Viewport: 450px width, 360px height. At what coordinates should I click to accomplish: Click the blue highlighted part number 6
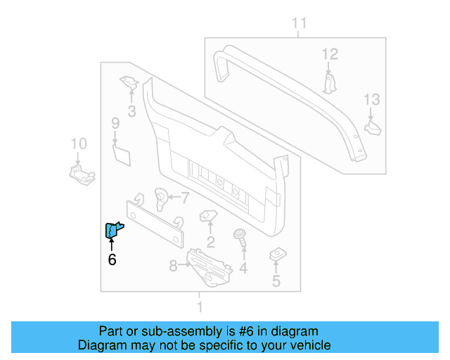coord(113,230)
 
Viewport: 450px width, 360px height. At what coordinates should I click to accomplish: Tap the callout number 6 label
coord(112,260)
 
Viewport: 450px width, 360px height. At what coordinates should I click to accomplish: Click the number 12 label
coord(330,54)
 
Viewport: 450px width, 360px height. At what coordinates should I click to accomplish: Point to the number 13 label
coord(371,99)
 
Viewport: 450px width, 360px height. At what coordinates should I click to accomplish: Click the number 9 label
coord(115,124)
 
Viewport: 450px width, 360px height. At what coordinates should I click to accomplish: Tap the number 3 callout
coord(131,110)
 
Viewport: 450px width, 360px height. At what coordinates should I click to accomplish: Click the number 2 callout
coord(210,243)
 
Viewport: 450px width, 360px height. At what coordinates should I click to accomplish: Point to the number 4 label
coord(243,268)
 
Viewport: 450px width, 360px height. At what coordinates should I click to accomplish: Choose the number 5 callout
coord(276,282)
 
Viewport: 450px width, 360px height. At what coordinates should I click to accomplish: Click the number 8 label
coord(173,266)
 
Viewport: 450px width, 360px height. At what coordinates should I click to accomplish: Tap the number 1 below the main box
coord(200,307)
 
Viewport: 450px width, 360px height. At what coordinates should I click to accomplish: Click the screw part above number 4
coord(241,238)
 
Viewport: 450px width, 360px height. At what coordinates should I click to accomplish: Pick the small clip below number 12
coord(330,82)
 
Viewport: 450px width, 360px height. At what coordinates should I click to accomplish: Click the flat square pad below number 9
coord(122,153)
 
